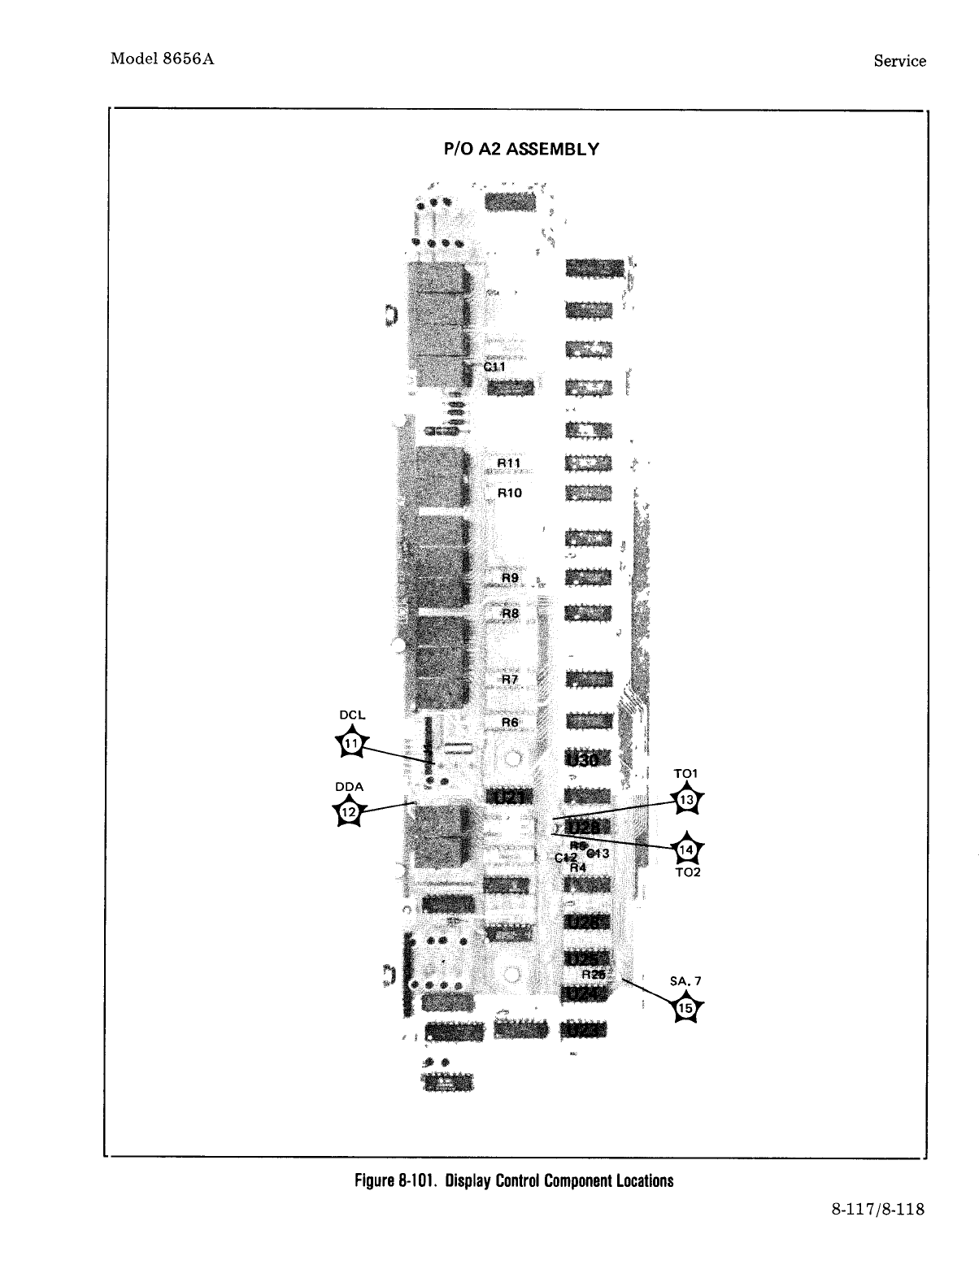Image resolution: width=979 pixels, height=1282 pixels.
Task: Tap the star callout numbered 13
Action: (687, 800)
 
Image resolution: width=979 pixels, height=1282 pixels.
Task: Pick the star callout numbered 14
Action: (687, 850)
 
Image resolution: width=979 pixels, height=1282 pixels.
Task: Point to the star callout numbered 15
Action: (686, 1008)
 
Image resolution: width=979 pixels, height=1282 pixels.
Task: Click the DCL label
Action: (352, 715)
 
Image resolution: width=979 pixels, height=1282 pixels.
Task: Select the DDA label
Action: (349, 786)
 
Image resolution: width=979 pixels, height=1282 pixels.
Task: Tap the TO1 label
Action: (686, 773)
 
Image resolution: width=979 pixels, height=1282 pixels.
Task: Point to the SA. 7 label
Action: (685, 981)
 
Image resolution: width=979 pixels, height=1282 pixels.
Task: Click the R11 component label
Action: (509, 463)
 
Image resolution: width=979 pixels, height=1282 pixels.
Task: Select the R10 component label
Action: (509, 493)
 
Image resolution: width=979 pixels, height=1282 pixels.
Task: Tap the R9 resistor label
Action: (510, 578)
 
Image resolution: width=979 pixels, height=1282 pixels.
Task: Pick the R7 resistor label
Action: (510, 679)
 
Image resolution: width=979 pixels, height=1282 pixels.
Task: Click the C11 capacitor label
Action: (494, 367)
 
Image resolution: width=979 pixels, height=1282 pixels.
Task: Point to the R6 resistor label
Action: (510, 722)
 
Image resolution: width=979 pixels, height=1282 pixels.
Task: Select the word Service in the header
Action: (899, 61)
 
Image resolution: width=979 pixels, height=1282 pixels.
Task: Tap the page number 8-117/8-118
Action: (877, 1209)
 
